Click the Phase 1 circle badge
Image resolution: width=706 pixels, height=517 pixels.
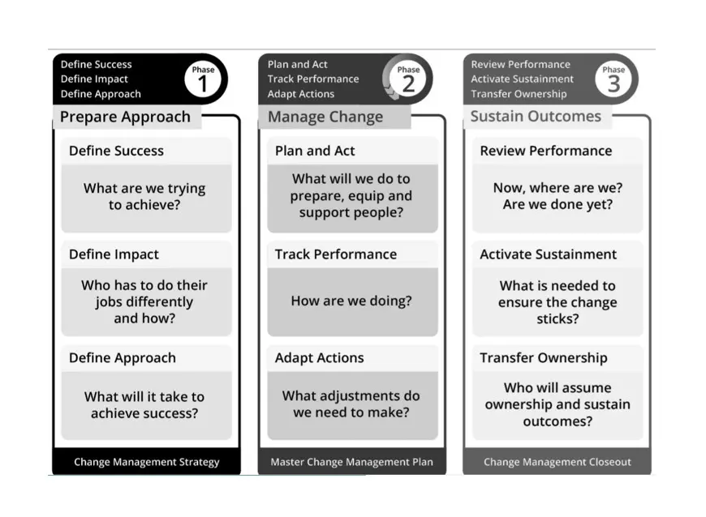tap(203, 79)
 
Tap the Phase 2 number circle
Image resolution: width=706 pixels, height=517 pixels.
tap(408, 79)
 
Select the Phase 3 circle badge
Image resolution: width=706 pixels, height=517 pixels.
tap(613, 79)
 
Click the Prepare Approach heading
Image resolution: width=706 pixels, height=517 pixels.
tap(125, 117)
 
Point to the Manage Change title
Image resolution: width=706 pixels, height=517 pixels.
tap(325, 117)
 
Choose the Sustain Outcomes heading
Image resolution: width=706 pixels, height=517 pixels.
tap(536, 117)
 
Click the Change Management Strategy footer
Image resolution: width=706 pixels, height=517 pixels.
tap(147, 462)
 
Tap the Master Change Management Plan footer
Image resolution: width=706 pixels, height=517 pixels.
tap(351, 462)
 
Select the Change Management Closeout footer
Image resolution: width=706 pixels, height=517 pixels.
tap(557, 462)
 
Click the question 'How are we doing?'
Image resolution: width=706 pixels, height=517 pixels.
tap(351, 301)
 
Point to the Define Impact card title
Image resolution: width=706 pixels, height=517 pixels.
tap(114, 254)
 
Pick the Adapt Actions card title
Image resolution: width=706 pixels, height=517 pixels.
tap(319, 358)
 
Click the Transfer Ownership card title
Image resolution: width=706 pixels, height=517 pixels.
tap(544, 358)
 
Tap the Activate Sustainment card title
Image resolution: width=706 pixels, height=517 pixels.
tap(548, 254)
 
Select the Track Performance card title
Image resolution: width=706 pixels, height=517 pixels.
tap(336, 254)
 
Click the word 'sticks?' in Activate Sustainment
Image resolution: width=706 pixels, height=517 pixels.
tap(557, 318)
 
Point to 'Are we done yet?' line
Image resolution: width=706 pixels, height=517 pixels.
tap(557, 204)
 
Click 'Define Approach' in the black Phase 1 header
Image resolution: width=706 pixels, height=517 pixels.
tap(101, 94)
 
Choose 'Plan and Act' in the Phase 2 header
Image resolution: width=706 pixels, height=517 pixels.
tap(298, 64)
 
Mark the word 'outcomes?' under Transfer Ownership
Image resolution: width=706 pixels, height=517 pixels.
tap(557, 421)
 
